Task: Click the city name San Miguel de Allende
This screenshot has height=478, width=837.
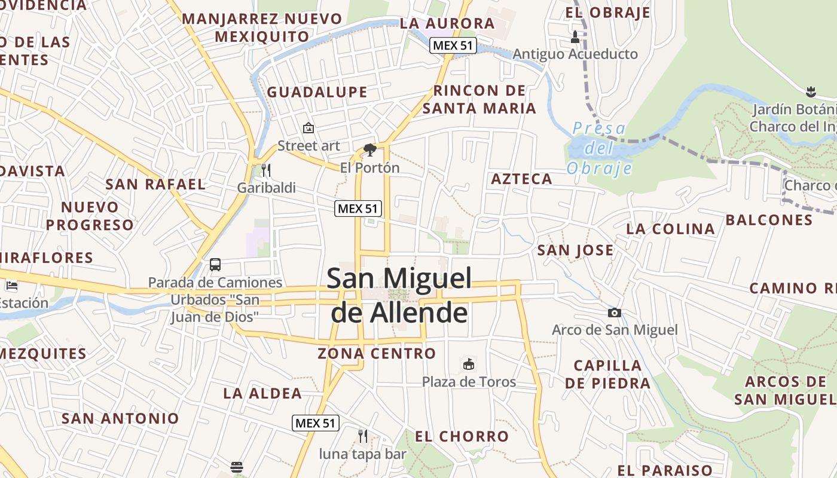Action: (399, 295)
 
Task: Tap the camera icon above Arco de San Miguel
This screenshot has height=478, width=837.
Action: (614, 312)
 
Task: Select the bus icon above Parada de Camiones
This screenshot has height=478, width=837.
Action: (215, 264)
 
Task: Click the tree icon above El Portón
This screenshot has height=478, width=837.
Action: (369, 149)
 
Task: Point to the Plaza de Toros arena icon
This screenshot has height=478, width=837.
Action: (469, 363)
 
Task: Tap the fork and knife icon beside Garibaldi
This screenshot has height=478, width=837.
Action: (266, 170)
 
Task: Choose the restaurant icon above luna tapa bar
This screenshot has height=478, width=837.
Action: (362, 436)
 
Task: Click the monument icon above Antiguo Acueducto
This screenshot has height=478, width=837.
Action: (575, 37)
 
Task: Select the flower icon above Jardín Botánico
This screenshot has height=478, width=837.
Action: (811, 92)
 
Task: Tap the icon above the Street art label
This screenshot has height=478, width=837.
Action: (308, 128)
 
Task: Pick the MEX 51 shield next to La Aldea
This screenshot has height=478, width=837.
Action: (316, 423)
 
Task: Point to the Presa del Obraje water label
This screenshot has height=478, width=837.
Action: (599, 148)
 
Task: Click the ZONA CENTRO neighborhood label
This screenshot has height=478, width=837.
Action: (377, 354)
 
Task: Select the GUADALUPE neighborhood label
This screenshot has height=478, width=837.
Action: (317, 92)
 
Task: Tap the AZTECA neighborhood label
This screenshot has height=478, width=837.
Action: (521, 179)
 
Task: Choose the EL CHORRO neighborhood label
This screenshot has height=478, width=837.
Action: (462, 437)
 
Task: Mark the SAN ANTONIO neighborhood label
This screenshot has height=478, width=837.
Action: (120, 418)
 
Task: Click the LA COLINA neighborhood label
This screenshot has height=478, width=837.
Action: (670, 229)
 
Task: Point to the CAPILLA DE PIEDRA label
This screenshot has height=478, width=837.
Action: (607, 374)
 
